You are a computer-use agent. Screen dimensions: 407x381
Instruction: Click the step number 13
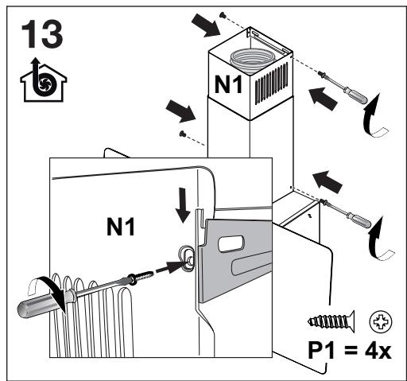(x=42, y=34)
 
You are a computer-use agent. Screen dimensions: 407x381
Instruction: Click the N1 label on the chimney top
(x=228, y=84)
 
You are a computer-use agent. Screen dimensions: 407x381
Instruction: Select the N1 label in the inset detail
(x=121, y=227)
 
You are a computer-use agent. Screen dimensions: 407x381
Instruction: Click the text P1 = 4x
(x=350, y=351)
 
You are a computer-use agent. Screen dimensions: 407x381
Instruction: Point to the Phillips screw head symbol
(x=381, y=322)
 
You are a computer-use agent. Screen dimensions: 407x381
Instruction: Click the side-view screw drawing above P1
(x=331, y=322)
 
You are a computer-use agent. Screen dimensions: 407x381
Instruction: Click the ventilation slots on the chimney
(x=271, y=83)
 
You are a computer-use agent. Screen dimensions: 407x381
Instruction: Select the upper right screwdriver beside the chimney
(x=343, y=87)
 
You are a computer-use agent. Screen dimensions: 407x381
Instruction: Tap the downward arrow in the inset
(x=184, y=205)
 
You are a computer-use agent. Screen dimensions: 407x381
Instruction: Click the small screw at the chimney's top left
(x=223, y=16)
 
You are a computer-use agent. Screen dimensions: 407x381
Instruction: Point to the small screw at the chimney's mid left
(x=182, y=134)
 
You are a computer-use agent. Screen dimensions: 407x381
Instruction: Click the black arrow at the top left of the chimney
(x=206, y=25)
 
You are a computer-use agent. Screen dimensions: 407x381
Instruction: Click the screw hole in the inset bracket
(x=188, y=258)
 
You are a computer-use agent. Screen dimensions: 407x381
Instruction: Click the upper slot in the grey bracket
(x=231, y=243)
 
